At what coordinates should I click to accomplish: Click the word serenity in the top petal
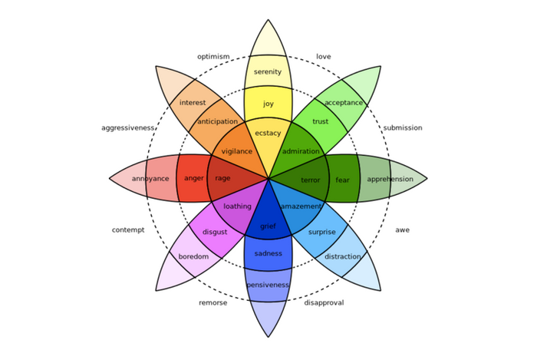click(268, 72)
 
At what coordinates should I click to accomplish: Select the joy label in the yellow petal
click(268, 104)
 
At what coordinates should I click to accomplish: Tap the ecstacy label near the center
click(268, 134)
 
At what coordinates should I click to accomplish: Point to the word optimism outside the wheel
click(213, 57)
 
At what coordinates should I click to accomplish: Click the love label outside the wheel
click(324, 57)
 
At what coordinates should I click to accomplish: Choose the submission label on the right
click(403, 128)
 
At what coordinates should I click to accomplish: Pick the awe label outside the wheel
click(403, 230)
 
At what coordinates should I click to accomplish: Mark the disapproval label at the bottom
click(324, 302)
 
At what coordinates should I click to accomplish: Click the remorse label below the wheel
click(213, 302)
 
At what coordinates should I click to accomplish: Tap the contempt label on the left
click(128, 230)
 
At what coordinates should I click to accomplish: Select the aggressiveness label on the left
click(128, 128)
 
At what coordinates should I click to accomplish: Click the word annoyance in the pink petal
click(150, 180)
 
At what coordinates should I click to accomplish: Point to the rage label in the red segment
click(222, 179)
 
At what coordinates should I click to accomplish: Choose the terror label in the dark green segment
click(311, 180)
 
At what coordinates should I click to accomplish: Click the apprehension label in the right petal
click(390, 180)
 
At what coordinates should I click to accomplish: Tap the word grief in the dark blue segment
click(268, 226)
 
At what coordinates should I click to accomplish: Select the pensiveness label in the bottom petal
click(268, 286)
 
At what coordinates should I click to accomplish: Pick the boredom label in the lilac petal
click(193, 256)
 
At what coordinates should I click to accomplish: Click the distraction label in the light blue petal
click(343, 256)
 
